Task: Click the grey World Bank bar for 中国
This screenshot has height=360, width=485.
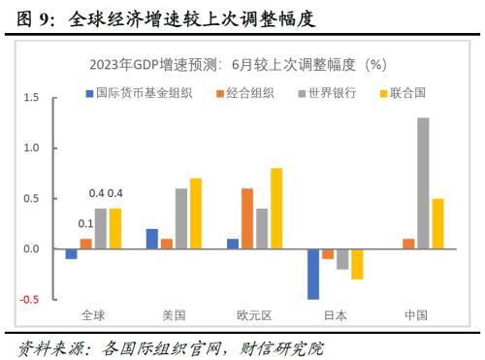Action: click(423, 183)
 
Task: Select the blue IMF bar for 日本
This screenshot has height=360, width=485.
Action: click(313, 275)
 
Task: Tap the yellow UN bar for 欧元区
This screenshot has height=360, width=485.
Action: click(276, 209)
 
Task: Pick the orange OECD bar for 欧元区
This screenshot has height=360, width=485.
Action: click(247, 218)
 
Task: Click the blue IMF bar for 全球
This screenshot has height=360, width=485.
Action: click(71, 254)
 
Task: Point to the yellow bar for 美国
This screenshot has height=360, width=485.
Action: click(196, 213)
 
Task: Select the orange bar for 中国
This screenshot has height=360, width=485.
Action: click(408, 244)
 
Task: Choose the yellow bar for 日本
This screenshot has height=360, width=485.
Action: click(357, 264)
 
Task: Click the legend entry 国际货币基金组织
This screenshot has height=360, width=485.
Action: click(139, 93)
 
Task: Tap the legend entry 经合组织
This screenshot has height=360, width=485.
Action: click(245, 93)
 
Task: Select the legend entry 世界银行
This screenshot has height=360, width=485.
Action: click(327, 93)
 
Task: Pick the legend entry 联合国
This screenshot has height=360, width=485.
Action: click(403, 93)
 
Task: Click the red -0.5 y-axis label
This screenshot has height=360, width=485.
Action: click(29, 300)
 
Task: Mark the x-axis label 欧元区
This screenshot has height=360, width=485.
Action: click(254, 315)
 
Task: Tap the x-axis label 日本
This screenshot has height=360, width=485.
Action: click(336, 315)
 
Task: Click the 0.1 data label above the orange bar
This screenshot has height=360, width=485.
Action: click(85, 223)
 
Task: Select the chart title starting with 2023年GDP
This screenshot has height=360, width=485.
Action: click(238, 65)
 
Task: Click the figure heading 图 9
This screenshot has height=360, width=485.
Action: click(35, 18)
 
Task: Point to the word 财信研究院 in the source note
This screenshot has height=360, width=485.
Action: click(281, 348)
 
